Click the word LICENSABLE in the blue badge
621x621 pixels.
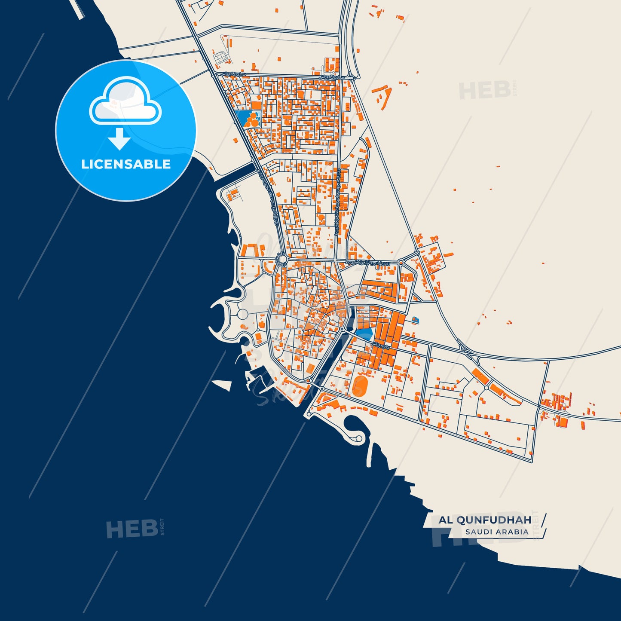pos(126,164)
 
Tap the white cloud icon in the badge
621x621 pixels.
pos(125,102)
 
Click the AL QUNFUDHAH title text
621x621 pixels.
pos(485,520)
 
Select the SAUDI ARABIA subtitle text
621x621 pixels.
pos(497,532)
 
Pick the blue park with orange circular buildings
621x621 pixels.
pos(247,119)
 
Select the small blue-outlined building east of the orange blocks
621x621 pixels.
pos(415,319)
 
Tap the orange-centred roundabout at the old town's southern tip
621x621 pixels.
pos(308,381)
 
